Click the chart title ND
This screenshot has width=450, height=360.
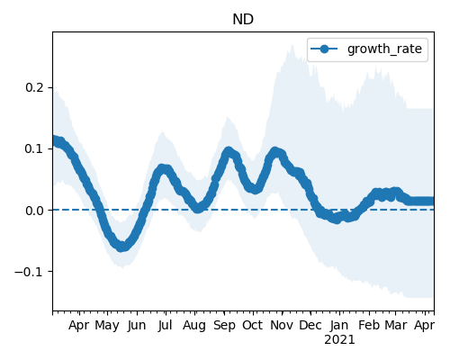click(243, 20)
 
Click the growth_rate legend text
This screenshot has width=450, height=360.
click(384, 49)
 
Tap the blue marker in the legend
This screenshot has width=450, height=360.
click(324, 49)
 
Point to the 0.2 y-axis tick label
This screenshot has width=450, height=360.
click(34, 87)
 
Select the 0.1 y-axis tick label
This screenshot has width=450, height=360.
click(34, 148)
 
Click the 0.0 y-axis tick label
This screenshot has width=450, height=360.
click(34, 211)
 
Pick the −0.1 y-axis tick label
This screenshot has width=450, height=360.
click(30, 272)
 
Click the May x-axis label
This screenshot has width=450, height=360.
click(107, 326)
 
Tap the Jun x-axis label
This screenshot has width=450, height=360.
click(137, 326)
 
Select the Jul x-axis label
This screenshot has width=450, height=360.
click(166, 325)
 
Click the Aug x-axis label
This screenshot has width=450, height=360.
click(194, 326)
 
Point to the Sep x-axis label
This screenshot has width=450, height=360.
click(224, 326)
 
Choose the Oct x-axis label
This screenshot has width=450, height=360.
click(253, 325)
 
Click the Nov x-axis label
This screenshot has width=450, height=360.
click(282, 325)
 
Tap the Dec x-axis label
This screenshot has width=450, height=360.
click(310, 325)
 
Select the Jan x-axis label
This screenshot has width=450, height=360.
click(339, 326)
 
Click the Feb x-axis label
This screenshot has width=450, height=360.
click(369, 325)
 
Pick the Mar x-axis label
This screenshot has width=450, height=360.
click(396, 325)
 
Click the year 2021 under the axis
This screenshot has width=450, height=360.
click(339, 340)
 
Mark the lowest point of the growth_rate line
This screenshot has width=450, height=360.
click(121, 247)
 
